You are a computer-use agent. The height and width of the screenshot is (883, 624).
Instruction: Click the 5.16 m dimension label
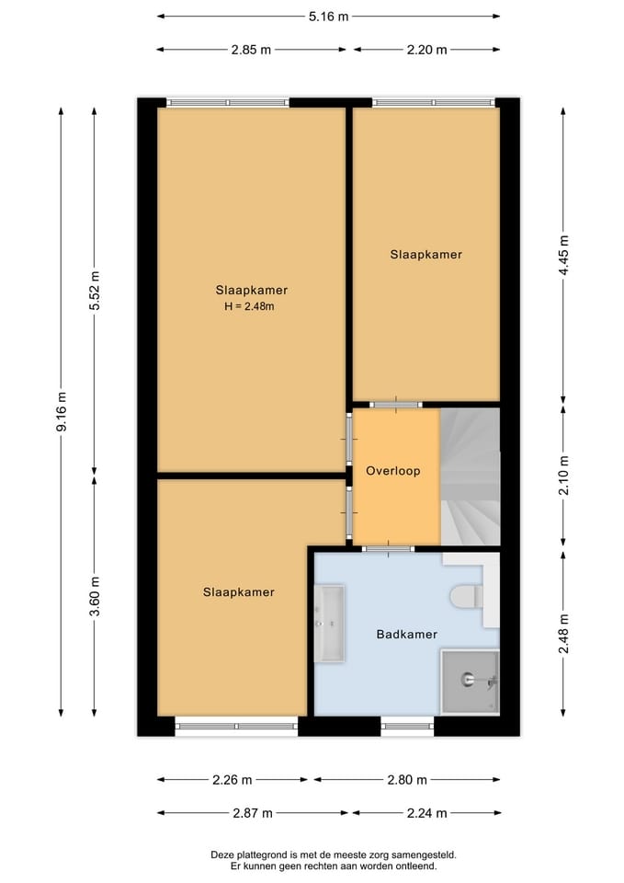point(328,16)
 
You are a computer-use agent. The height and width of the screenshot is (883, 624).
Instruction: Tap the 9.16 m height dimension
point(62,411)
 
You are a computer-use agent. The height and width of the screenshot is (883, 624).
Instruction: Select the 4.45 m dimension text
point(563,256)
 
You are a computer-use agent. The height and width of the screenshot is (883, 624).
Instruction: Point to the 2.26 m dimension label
point(232,780)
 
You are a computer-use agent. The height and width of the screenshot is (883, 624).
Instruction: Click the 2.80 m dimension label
point(407,780)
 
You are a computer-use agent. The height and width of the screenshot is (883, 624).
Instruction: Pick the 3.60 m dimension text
point(95,597)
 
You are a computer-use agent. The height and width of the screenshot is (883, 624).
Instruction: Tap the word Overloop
point(392,471)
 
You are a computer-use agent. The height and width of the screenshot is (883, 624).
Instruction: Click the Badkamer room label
point(406,635)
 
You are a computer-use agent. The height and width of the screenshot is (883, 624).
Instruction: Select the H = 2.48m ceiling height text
point(249,307)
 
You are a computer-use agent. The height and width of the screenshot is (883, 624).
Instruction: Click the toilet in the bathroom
point(466,597)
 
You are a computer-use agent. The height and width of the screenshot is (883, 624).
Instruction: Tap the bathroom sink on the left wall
point(329,623)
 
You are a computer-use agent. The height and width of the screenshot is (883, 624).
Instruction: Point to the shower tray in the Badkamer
point(470,682)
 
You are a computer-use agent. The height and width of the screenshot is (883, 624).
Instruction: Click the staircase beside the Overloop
point(470,476)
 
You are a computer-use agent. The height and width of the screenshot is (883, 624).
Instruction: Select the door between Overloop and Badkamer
point(387,549)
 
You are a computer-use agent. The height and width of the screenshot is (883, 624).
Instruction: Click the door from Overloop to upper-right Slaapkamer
point(396,404)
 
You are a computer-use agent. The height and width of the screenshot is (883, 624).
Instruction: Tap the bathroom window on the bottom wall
point(407,727)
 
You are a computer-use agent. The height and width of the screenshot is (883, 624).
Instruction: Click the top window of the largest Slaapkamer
point(227,102)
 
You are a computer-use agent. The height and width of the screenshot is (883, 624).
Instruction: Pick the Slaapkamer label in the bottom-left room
point(238,592)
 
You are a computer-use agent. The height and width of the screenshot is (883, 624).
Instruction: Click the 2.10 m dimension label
point(563,476)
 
